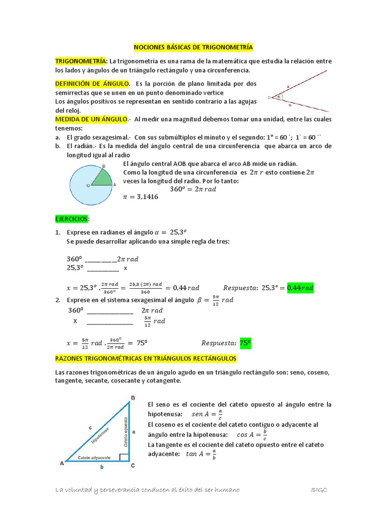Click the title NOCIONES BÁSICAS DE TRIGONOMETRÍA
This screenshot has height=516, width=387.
(193, 47)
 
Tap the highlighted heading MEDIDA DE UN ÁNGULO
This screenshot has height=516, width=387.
(91, 119)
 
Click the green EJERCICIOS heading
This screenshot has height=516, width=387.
(72, 219)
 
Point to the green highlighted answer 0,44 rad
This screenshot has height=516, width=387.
(300, 288)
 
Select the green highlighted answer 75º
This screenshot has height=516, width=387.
(245, 343)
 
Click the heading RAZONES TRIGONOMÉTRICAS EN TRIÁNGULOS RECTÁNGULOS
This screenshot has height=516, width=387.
(145, 358)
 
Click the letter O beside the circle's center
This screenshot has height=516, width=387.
(89, 186)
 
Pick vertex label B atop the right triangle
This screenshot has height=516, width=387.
(133, 398)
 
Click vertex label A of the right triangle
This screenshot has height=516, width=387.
(62, 463)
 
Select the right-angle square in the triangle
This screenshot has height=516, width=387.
(123, 457)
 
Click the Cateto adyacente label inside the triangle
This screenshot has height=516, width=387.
(94, 457)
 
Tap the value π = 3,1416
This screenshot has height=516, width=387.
(141, 197)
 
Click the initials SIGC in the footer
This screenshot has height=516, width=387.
(318, 490)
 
